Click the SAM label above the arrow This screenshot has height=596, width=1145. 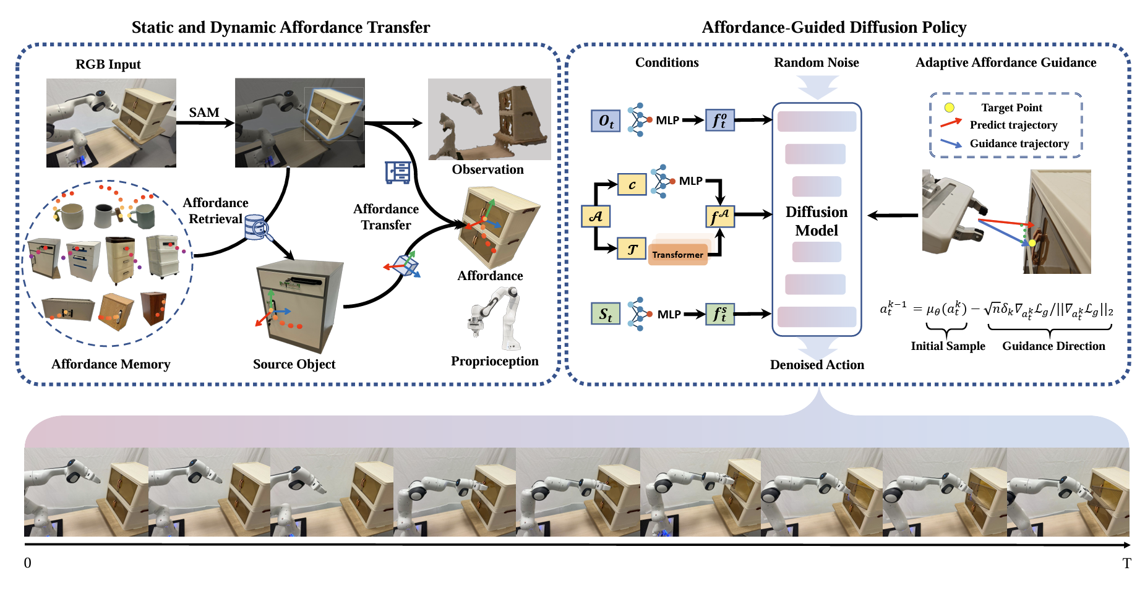point(204,113)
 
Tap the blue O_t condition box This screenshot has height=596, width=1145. point(606,121)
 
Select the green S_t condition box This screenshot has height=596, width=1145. point(606,314)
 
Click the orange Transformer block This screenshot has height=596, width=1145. point(677,254)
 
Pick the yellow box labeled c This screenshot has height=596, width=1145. point(632,184)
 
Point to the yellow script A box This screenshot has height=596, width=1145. point(596,216)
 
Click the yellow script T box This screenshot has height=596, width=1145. point(632,249)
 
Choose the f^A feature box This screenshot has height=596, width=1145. point(720,216)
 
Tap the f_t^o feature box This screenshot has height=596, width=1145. point(720,121)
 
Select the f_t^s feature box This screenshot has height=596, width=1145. point(720,314)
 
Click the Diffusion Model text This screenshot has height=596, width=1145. point(817,221)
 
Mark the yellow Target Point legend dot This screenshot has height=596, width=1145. point(949,108)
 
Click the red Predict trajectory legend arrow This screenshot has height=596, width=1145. point(951,124)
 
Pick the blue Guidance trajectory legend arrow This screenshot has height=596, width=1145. point(951,143)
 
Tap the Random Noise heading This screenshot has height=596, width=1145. point(817,62)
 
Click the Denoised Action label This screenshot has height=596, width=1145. point(817,365)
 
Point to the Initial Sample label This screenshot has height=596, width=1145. point(948,346)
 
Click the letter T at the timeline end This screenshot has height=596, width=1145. point(1126,563)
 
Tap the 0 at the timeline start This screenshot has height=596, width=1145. point(28,563)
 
